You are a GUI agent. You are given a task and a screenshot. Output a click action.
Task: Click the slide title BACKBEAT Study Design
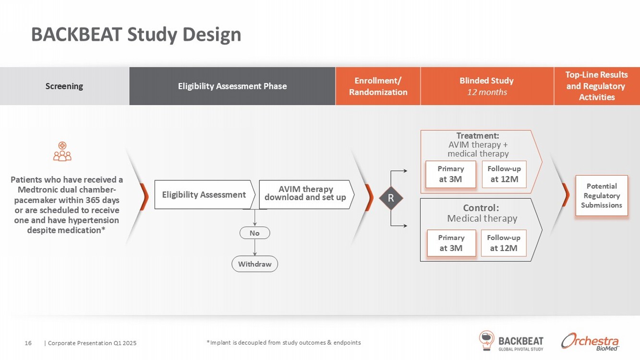coord(136,35)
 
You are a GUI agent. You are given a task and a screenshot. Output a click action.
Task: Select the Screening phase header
coord(64,86)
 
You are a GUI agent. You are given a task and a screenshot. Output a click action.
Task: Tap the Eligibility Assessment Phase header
coord(232,86)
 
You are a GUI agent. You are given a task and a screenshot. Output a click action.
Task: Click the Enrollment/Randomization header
coord(378,86)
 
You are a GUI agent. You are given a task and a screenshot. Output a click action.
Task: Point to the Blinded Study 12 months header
coord(487,86)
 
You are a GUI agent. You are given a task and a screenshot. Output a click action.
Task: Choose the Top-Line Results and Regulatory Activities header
coord(597,86)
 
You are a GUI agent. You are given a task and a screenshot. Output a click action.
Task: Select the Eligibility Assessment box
coord(204,194)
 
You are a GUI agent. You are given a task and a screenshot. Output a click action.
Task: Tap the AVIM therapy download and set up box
coord(305,193)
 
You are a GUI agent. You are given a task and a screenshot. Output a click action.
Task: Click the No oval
coord(254,233)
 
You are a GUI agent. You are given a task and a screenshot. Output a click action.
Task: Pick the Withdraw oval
coord(254,264)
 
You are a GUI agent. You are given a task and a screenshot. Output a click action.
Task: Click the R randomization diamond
coord(391,198)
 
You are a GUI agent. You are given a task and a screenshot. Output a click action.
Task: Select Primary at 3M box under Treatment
coord(451,174)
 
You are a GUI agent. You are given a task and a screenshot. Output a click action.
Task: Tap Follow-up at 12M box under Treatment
coord(504,174)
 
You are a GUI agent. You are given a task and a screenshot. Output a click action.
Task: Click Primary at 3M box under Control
coord(451,243)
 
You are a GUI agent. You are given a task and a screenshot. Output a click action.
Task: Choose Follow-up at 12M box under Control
coord(504,243)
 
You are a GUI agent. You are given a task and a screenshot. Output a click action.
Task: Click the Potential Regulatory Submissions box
coord(602,195)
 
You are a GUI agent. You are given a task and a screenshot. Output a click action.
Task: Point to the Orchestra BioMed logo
coord(590,341)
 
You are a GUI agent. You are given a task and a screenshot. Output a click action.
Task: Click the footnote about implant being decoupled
coord(283,343)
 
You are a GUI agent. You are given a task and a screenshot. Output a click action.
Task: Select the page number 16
coord(28,343)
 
